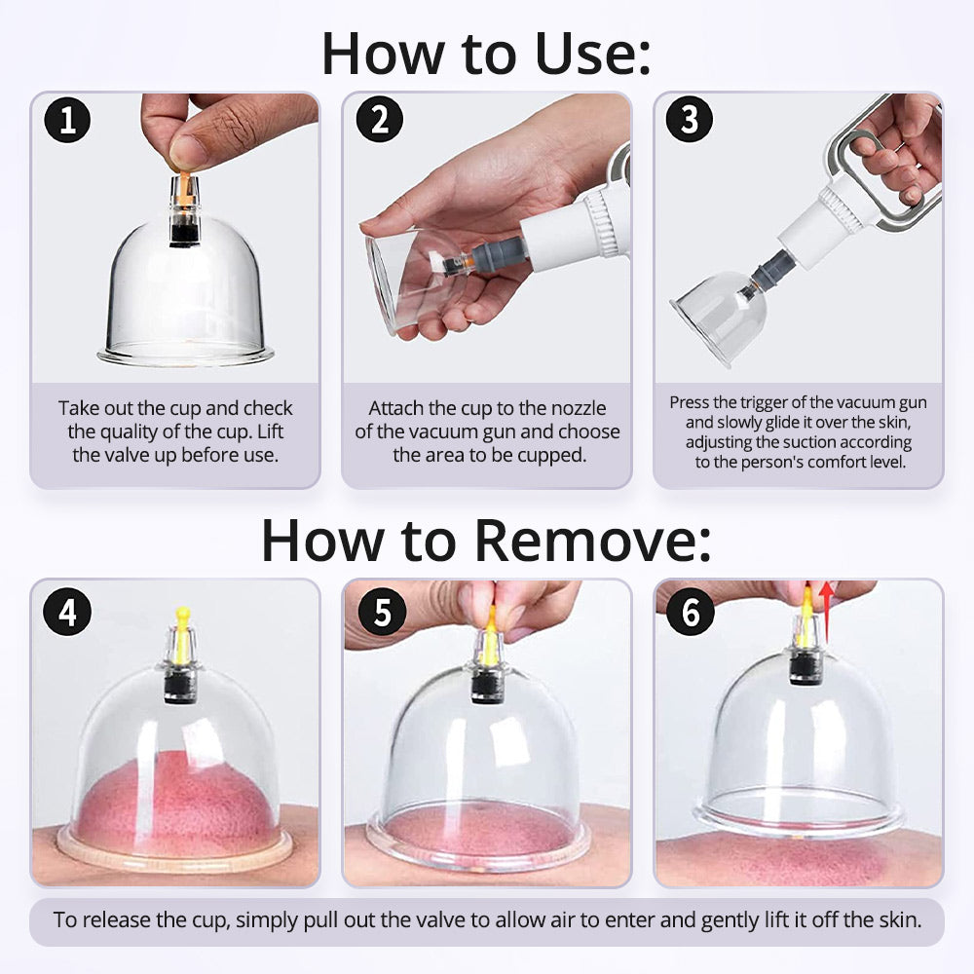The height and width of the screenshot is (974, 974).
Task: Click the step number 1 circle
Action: click(67, 120)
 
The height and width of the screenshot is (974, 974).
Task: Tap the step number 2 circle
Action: click(380, 120)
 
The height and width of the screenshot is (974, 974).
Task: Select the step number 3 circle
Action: click(689, 120)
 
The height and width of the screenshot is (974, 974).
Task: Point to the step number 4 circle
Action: click(67, 612)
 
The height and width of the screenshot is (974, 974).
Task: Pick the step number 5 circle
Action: click(382, 612)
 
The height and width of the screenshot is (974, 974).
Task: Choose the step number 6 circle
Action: click(691, 612)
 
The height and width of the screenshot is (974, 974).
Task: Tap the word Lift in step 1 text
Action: click(270, 431)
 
